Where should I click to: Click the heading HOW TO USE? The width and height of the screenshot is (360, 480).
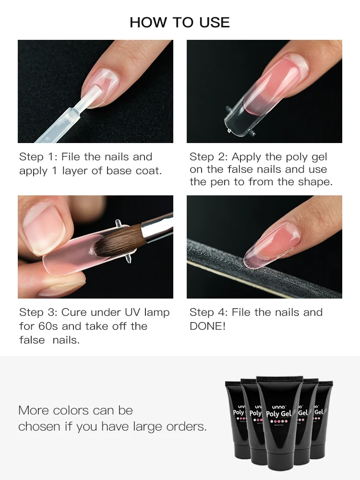[180, 23]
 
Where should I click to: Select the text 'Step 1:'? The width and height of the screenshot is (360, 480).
[38, 157]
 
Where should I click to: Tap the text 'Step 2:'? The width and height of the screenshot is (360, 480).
[208, 157]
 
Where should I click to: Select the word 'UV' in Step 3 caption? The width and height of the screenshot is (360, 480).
[132, 312]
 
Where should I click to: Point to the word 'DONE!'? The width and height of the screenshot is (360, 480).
[207, 326]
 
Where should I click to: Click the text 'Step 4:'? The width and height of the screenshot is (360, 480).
[208, 312]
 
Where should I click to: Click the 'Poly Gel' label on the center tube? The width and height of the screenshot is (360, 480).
[279, 414]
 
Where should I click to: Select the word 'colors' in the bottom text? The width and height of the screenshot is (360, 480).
[71, 410]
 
